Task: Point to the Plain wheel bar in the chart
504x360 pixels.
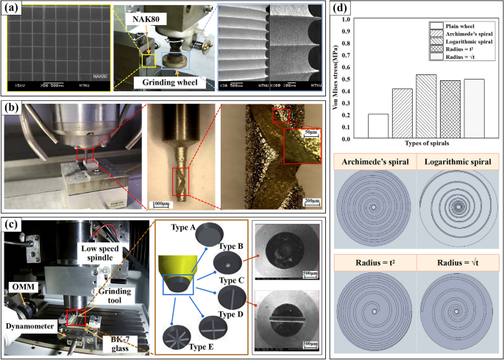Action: pyautogui.click(x=378, y=125)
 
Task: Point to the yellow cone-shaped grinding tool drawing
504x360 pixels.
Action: pyautogui.click(x=179, y=272)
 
